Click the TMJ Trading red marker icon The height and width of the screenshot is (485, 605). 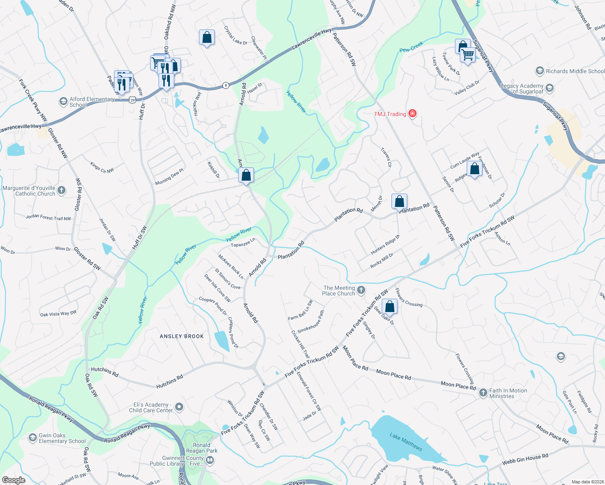click(412, 114)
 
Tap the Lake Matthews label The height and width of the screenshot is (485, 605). click(406, 442)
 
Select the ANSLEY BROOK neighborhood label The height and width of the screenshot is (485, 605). click(182, 336)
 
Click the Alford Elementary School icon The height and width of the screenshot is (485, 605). click(63, 101)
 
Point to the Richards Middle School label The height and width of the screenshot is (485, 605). click(575, 71)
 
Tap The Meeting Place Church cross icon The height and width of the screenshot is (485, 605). click(361, 290)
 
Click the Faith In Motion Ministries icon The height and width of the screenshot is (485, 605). click(483, 393)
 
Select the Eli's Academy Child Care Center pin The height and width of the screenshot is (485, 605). click(180, 407)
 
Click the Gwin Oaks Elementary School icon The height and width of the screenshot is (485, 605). click(33, 438)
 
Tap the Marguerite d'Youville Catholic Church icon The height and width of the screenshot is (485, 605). click(61, 190)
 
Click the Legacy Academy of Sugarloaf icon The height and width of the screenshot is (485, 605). click(549, 88)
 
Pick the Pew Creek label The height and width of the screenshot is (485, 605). click(411, 47)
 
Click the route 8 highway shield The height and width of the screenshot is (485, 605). click(226, 85)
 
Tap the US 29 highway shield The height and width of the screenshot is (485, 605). click(133, 100)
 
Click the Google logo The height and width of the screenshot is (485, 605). click(13, 480)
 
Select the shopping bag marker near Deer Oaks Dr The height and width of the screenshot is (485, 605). click(389, 307)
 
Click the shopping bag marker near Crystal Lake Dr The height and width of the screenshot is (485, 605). click(207, 38)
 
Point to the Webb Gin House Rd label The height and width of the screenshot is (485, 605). click(525, 459)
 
